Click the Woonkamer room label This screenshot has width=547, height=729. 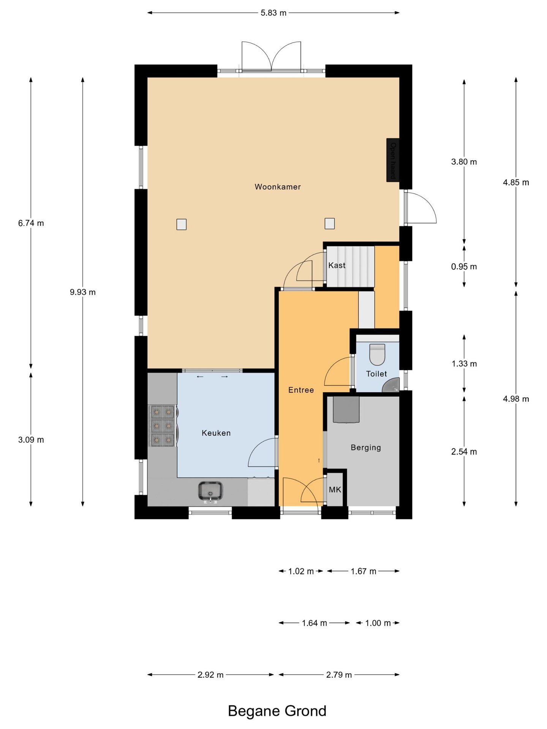click(277, 187)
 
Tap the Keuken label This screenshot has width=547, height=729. click(216, 433)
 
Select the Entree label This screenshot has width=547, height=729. click(301, 390)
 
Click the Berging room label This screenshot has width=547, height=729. click(365, 448)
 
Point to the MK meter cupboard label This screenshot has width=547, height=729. click(335, 490)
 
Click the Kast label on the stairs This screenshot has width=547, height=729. click(337, 265)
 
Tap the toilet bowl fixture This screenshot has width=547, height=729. click(377, 354)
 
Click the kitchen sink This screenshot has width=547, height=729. click(210, 491)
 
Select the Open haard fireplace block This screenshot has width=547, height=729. click(393, 160)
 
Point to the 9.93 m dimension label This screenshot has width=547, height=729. click(83, 292)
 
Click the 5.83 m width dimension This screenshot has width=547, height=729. click(273, 13)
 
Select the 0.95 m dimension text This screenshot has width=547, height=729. click(464, 267)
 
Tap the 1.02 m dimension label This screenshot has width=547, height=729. click(301, 571)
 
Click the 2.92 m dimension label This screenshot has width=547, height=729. click(210, 675)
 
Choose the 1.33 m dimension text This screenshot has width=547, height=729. click(464, 364)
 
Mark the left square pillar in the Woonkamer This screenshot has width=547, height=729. click(182, 224)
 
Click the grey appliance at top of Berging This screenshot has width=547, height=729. click(346, 410)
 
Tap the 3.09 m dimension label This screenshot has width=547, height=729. click(31, 440)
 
